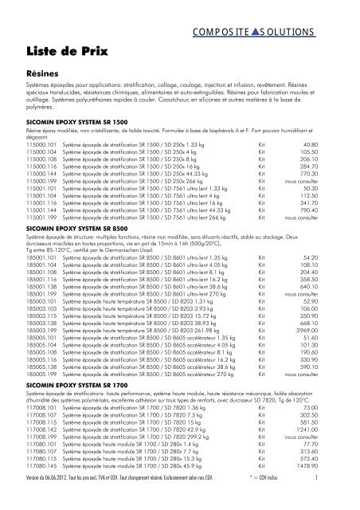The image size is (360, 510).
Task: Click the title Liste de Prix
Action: pos(61,50)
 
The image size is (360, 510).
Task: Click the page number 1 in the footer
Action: pos(337,500)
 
